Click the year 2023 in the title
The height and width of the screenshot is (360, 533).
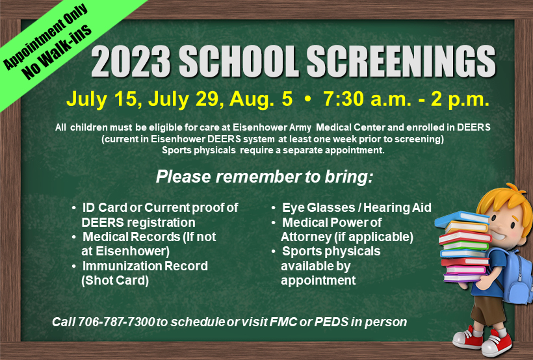pyautogui.click(x=131, y=62)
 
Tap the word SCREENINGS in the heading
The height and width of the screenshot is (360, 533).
pyautogui.click(x=401, y=62)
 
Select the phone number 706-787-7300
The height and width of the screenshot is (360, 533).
pyautogui.click(x=116, y=322)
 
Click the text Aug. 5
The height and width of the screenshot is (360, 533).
pyautogui.click(x=261, y=99)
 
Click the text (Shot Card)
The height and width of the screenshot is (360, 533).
pyautogui.click(x=115, y=281)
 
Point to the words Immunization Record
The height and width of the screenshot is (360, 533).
pyautogui.click(x=145, y=266)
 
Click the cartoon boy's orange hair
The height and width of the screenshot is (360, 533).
pyautogui.click(x=506, y=200)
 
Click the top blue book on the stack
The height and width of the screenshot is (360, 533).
pyautogui.click(x=461, y=218)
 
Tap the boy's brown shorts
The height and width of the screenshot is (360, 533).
pyautogui.click(x=488, y=310)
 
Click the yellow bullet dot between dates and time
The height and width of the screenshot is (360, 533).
pyautogui.click(x=307, y=99)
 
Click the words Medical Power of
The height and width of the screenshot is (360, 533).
pyautogui.click(x=331, y=222)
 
